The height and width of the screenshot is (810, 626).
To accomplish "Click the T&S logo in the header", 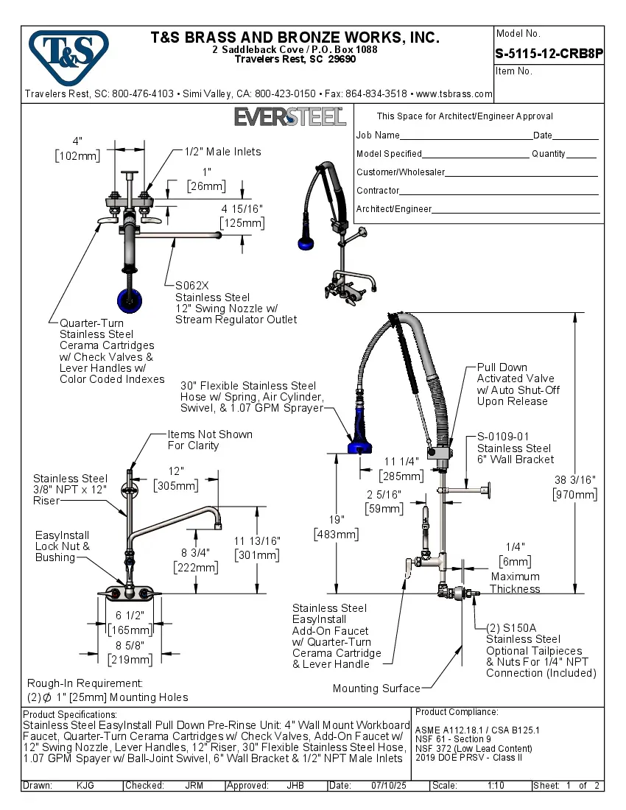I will click(x=68, y=54).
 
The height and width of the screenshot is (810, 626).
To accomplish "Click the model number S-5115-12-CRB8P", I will click(x=549, y=53).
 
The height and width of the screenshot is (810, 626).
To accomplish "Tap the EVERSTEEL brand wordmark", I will click(x=290, y=116).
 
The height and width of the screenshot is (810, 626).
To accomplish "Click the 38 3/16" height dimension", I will click(x=574, y=480).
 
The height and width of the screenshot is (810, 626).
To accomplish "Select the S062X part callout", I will click(x=191, y=286).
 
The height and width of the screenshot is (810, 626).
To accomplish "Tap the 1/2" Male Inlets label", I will click(x=222, y=152).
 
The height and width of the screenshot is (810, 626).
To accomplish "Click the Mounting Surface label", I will click(x=376, y=688).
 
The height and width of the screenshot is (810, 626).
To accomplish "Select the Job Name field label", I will click(x=378, y=135).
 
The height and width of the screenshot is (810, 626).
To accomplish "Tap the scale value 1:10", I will click(x=496, y=786).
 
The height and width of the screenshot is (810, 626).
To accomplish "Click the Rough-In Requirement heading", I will click(x=85, y=683).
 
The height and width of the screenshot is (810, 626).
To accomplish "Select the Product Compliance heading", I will click(x=457, y=712).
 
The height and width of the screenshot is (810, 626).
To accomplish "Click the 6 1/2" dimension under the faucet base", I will click(x=130, y=615).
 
